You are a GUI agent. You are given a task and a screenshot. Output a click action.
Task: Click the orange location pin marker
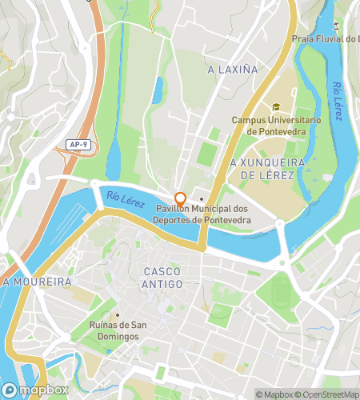(x=181, y=198)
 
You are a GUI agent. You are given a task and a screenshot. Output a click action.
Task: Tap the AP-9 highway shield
(x=74, y=145)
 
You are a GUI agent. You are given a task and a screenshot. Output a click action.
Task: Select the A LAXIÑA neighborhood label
(x=233, y=70)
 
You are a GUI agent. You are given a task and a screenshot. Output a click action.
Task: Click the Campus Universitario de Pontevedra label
(x=276, y=126)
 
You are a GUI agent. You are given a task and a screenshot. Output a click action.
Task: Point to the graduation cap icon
(x=276, y=107)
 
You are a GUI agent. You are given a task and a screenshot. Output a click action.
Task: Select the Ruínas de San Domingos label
(x=117, y=331)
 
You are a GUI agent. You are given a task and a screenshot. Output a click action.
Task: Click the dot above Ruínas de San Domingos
(x=117, y=314)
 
